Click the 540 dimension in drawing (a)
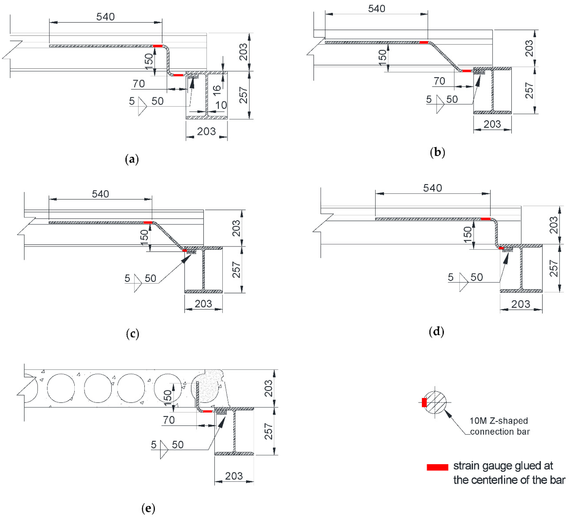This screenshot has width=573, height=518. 105,17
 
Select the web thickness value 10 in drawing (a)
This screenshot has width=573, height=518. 221,105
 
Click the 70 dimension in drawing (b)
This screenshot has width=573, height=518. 439,81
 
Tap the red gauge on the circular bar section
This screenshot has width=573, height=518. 424,403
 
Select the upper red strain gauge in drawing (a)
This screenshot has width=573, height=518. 158,46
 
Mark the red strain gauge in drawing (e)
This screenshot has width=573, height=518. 208,411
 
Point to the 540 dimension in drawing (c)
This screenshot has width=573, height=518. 100,194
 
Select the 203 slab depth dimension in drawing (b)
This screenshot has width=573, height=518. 529,48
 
